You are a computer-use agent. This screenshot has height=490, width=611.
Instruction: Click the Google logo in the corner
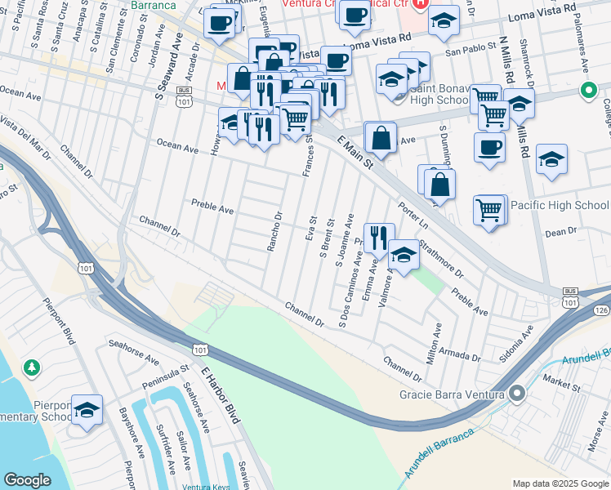27,480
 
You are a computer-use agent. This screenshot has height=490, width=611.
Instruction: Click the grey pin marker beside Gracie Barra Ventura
515,394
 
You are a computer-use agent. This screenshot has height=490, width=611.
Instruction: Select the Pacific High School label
560,205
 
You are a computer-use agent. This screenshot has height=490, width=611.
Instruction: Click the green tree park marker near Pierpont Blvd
32,368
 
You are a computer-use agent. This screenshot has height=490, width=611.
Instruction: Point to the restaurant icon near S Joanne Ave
378,238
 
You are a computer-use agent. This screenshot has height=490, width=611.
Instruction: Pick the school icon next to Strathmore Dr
404,255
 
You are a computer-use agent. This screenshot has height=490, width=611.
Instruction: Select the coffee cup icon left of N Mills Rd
488,148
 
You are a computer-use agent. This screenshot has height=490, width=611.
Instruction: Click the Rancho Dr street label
275,231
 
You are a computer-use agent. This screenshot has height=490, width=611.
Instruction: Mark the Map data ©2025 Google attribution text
560,483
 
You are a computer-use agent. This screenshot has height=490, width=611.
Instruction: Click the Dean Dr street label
560,233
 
